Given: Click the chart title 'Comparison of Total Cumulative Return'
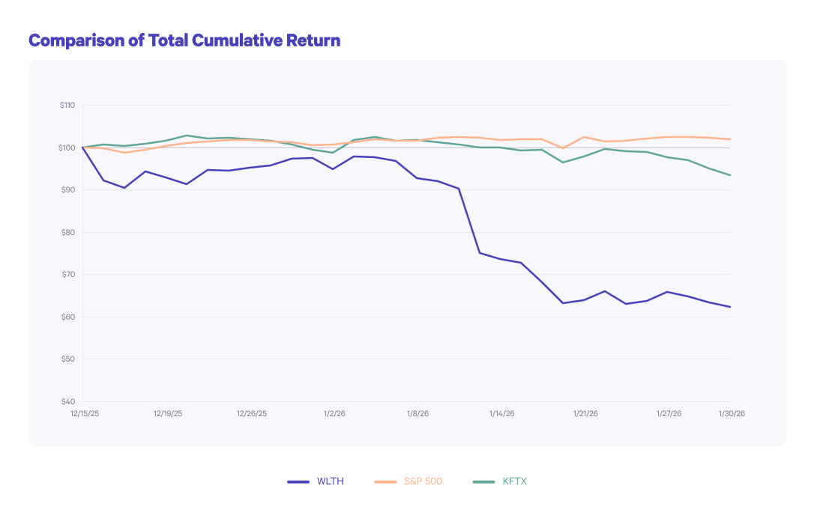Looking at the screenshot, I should [184, 40].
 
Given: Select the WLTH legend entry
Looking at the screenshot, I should [316, 481].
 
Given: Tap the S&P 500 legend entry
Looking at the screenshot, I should [408, 481].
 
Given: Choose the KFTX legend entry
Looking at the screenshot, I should [501, 481].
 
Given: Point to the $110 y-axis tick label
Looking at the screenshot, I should [67, 106].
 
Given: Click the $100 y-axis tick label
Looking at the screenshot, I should [67, 147].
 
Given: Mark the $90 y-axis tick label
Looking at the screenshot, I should [68, 190].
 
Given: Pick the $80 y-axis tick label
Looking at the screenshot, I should [68, 232].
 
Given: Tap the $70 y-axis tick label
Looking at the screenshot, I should [68, 275].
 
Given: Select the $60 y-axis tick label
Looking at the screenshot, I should [68, 317].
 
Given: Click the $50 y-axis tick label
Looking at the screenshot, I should [68, 359].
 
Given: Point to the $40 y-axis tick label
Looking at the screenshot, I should [68, 401].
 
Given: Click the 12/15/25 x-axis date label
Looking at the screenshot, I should [85, 413].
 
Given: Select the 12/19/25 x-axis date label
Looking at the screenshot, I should [168, 413].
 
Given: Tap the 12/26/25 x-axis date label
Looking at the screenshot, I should [252, 413].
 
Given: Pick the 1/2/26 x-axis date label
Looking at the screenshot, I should [334, 413].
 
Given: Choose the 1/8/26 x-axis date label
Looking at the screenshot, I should [418, 413].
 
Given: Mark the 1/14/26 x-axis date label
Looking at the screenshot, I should [502, 413].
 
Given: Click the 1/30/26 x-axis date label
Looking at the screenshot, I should [732, 413].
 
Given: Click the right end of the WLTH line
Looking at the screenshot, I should [730, 307].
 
